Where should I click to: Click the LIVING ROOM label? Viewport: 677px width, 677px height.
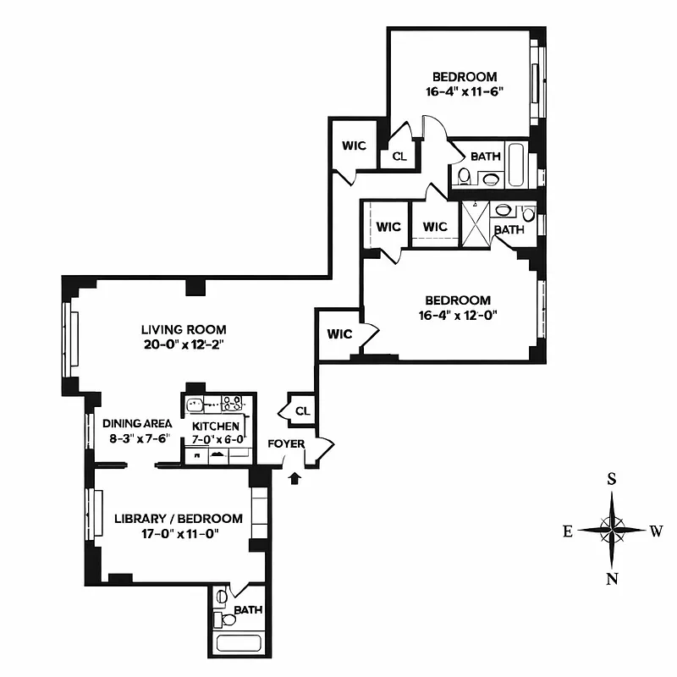click(x=184, y=329)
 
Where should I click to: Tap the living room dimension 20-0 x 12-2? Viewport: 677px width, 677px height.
click(x=184, y=344)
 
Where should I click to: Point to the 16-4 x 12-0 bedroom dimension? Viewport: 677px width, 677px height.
click(x=457, y=316)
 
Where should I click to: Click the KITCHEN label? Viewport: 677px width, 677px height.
click(x=216, y=426)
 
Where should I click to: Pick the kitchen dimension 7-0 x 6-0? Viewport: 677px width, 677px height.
click(x=216, y=438)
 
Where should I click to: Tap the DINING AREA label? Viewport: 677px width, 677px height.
click(x=137, y=423)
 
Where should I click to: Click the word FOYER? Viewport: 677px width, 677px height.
click(x=285, y=443)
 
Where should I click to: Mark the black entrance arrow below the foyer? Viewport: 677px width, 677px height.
click(x=294, y=479)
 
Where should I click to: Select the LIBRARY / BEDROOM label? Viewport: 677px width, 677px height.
click(x=179, y=519)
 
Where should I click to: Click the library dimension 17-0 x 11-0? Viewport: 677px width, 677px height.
click(x=179, y=534)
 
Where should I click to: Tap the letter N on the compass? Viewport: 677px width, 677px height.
click(x=612, y=579)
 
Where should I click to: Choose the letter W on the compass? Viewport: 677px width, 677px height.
click(x=656, y=531)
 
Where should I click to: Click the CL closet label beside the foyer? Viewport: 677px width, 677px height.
click(x=302, y=411)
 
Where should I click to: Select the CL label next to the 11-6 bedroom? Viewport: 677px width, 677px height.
click(x=399, y=156)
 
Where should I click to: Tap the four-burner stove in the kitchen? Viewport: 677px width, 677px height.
click(x=232, y=403)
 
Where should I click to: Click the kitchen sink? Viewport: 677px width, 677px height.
click(x=195, y=405)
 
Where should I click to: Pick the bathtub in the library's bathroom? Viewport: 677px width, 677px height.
click(x=240, y=642)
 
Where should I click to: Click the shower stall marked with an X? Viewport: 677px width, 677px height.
click(x=475, y=224)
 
